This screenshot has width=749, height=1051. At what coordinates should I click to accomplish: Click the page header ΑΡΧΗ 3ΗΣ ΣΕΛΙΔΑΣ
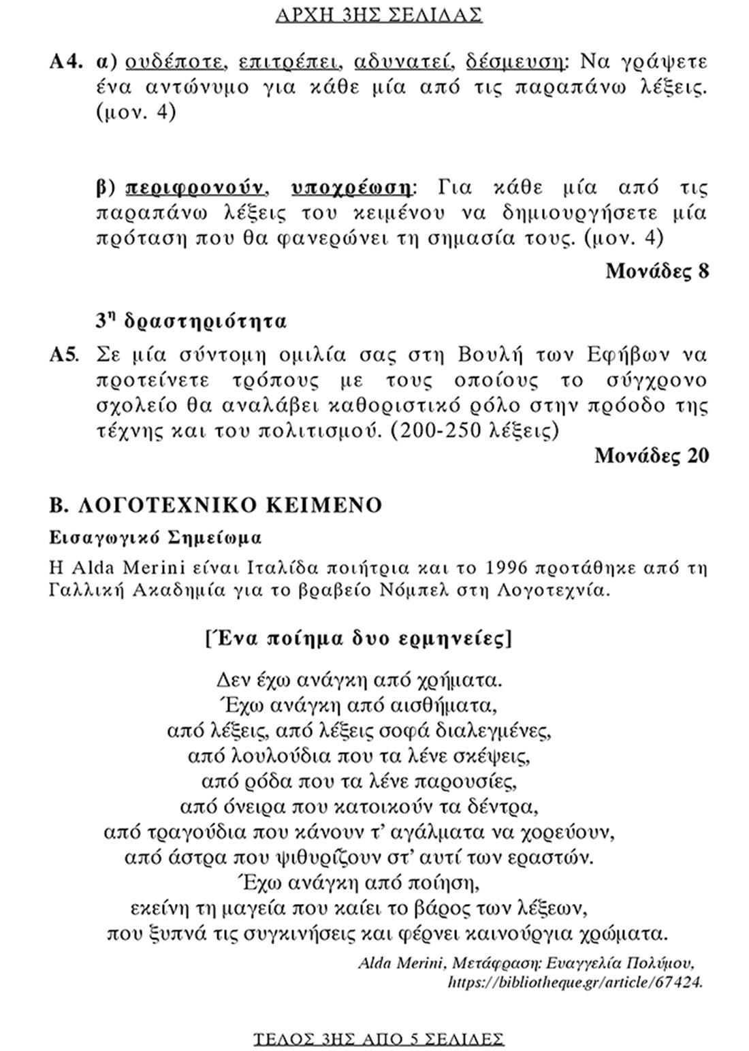pyautogui.click(x=379, y=14)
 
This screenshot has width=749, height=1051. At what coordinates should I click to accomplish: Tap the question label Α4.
pyautogui.click(x=65, y=62)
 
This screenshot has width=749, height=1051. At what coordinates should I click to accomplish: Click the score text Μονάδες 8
pyautogui.click(x=657, y=271)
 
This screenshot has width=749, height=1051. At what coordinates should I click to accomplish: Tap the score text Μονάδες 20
pyautogui.click(x=652, y=455)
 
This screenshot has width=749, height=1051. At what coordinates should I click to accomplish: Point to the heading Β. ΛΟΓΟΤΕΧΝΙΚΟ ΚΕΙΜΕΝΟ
pyautogui.click(x=216, y=505)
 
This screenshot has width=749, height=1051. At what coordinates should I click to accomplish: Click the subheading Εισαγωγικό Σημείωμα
pyautogui.click(x=155, y=538)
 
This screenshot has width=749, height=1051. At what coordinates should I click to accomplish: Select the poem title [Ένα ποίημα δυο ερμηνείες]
pyautogui.click(x=358, y=639)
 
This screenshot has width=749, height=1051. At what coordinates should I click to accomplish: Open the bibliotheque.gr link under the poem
pyautogui.click(x=575, y=982)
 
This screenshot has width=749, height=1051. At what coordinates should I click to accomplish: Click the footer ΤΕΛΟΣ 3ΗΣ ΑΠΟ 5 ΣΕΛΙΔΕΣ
pyautogui.click(x=379, y=1038)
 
